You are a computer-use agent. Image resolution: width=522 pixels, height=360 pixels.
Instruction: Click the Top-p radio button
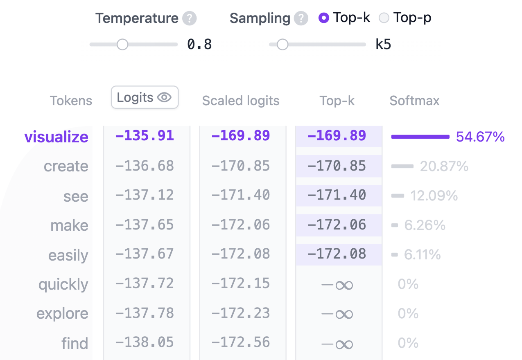[x=384, y=18]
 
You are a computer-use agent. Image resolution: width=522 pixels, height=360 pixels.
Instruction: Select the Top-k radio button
[x=324, y=18]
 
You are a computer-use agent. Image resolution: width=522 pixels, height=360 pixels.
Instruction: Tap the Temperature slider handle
[x=122, y=45]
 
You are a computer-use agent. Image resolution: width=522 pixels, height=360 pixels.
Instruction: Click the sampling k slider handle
[x=282, y=45]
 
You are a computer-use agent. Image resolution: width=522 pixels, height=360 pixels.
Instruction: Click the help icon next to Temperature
[x=189, y=18]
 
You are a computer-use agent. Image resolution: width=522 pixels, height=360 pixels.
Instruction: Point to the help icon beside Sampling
[x=301, y=18]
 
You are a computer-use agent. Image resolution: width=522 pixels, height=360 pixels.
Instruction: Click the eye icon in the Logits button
[x=165, y=97]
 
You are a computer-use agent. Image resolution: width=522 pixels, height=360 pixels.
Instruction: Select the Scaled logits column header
[x=241, y=101]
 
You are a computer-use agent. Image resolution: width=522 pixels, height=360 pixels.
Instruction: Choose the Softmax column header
[x=414, y=101]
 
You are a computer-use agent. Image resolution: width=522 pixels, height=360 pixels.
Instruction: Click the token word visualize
[x=56, y=137]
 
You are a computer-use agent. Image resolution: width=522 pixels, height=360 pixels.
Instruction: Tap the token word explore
[x=62, y=313]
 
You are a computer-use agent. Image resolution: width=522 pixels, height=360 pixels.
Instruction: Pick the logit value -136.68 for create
[x=145, y=166]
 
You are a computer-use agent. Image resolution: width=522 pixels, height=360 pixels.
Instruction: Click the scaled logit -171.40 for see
[x=241, y=195]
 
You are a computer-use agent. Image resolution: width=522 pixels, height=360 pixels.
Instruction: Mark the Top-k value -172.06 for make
[x=337, y=225]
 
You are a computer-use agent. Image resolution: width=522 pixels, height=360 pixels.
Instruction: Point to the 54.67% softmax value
[x=480, y=137]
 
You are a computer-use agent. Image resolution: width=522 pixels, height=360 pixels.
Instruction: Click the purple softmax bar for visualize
[x=420, y=137]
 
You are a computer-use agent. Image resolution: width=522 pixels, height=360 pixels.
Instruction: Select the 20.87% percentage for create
[x=444, y=166]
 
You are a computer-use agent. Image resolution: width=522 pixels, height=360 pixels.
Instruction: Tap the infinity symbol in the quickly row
[x=337, y=284]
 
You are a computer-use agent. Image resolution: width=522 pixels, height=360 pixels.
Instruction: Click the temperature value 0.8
[x=199, y=45]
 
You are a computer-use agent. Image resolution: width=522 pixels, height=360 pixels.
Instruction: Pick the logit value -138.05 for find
[x=145, y=342]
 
